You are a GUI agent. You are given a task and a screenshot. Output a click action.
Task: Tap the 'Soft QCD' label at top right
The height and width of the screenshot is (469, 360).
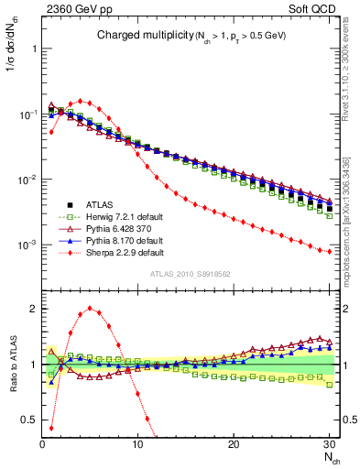[312, 8]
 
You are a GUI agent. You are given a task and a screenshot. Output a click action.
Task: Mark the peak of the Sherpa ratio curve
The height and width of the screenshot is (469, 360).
[89, 308]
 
